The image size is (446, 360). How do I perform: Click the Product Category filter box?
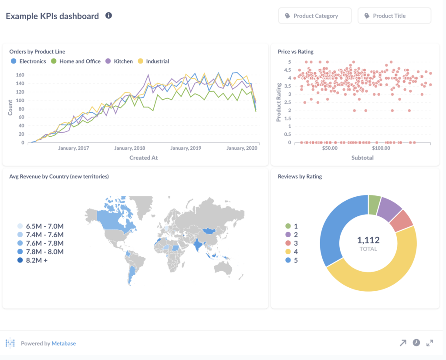point(315,16)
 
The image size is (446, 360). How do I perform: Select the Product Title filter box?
point(394,16)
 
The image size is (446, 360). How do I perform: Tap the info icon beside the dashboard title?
point(108,16)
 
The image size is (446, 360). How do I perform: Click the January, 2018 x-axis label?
point(130,148)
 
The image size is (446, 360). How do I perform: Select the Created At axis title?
point(143,158)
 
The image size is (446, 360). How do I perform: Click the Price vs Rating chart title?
point(296,51)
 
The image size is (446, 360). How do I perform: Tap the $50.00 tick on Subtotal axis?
point(330,148)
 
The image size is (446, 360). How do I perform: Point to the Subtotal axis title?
point(362,158)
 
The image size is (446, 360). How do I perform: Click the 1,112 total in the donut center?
point(368,240)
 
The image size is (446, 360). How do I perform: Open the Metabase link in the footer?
point(64,343)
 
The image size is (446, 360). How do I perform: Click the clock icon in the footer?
point(416,343)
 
